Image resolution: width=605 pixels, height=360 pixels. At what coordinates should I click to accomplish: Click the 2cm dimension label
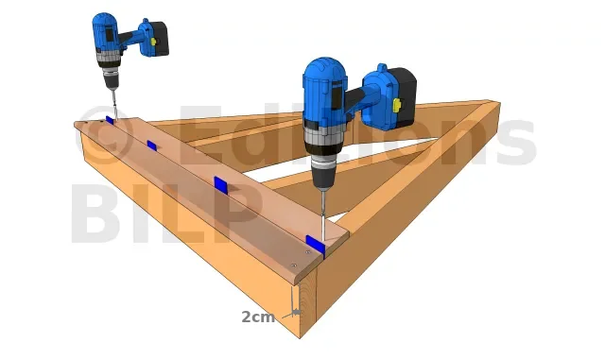pyautogui.click(x=258, y=317)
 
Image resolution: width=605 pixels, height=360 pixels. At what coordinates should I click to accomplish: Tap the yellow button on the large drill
pyautogui.click(x=396, y=105)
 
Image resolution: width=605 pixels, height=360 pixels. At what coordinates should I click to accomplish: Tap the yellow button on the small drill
pyautogui.click(x=153, y=42)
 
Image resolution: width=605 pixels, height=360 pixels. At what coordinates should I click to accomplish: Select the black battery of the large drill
pyautogui.click(x=401, y=97)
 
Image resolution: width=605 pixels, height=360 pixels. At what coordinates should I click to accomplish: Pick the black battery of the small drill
pyautogui.click(x=159, y=39)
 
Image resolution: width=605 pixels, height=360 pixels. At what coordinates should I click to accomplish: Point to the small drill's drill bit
pyautogui.click(x=114, y=104)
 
